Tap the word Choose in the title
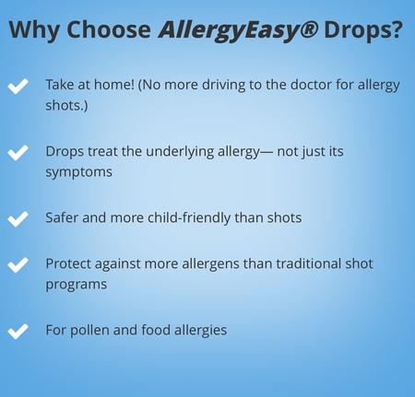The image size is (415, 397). coord(109,29)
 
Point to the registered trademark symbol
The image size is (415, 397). coord(309,29)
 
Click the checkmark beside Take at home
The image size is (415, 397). coord(18,86)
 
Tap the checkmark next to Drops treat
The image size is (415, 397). coord(18,153)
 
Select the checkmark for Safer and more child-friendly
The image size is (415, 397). coord(18,218)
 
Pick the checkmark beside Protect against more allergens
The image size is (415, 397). coord(18,264)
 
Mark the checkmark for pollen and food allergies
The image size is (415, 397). coord(18,331)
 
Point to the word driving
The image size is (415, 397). coord(223,86)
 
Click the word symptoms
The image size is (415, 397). coord(78,172)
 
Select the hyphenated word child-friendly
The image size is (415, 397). coord(189,218)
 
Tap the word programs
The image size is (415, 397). coord(77,285)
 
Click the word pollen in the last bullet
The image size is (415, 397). coord(89,331)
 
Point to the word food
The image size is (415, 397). coord(156,330)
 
